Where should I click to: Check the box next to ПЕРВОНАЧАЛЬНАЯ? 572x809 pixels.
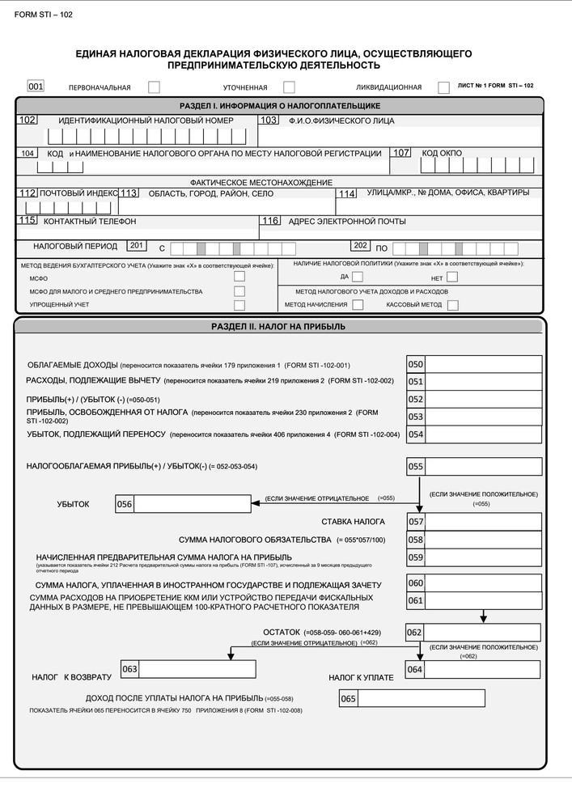click(x=154, y=87)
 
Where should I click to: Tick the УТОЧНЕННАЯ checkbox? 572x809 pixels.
click(x=289, y=87)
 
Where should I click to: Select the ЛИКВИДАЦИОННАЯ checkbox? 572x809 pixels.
click(x=443, y=87)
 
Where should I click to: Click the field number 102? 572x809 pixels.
click(x=28, y=121)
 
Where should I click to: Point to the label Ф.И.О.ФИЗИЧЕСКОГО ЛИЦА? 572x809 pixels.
click(x=341, y=121)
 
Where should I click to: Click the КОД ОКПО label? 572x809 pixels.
click(x=442, y=153)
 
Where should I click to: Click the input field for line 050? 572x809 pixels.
click(x=483, y=364)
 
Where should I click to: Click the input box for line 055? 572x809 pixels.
click(x=483, y=466)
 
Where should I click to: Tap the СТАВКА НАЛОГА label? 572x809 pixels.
click(x=353, y=522)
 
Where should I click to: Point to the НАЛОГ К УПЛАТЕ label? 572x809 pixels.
click(x=361, y=677)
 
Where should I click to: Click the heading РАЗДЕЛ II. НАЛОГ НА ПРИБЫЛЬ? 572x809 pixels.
click(x=278, y=327)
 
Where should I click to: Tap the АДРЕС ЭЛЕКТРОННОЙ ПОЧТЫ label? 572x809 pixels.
click(x=347, y=222)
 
